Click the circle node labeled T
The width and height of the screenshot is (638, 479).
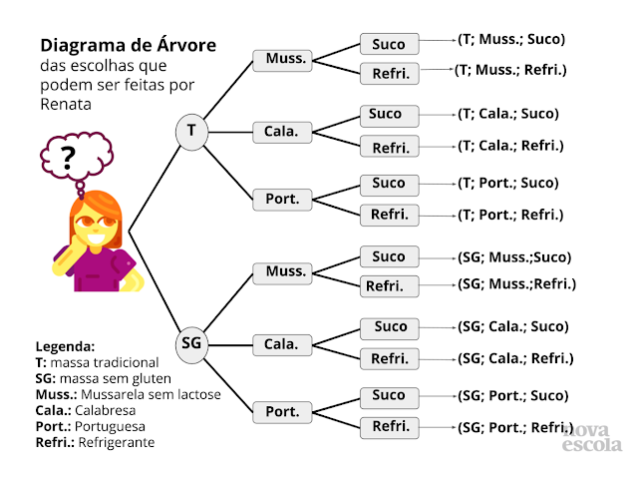click(190, 131)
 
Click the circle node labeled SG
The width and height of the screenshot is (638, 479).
click(190, 343)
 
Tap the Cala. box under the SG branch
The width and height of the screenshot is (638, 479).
click(281, 344)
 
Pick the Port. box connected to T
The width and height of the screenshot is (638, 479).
click(281, 198)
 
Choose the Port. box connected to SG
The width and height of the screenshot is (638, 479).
click(281, 411)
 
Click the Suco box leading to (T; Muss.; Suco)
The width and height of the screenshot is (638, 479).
click(388, 44)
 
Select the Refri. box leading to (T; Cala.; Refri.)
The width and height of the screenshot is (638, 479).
click(390, 148)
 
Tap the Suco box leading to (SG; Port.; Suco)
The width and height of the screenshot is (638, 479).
click(388, 396)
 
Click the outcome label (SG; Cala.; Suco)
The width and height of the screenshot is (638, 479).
click(512, 326)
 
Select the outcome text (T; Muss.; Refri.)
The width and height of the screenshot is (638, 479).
click(509, 71)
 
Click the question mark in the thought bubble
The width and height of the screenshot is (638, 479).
click(69, 157)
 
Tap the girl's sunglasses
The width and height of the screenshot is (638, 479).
click(90, 222)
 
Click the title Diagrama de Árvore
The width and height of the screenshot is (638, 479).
click(128, 46)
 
